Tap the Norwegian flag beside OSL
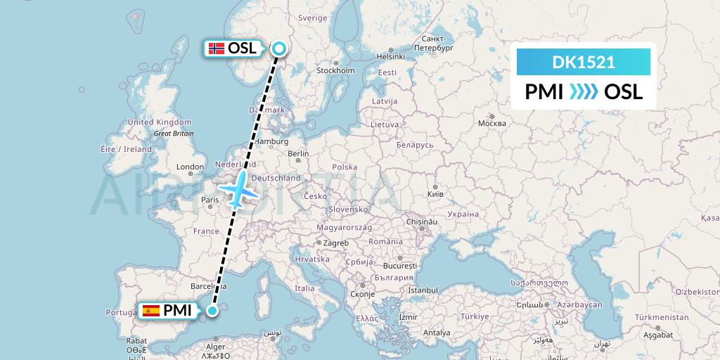tap(216, 49)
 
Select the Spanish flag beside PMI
tap(150, 310)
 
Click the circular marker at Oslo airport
tap(278, 49)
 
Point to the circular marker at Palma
tap(212, 309)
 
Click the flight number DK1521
tap(584, 63)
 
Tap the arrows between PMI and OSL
tap(583, 91)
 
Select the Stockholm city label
tap(335, 70)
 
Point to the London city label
tap(190, 167)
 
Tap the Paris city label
tap(210, 200)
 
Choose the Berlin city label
tap(298, 154)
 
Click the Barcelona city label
tap(207, 286)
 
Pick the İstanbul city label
tap(425, 290)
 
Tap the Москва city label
tap(491, 123)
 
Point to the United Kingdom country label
tap(149, 122)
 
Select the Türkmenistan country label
tap(661, 317)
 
